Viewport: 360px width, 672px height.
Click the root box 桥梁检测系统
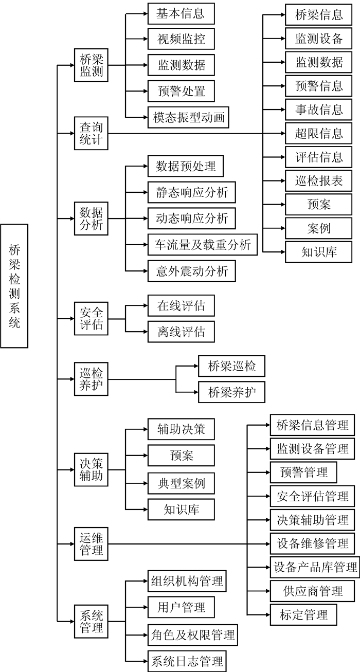pyautogui.click(x=14, y=285)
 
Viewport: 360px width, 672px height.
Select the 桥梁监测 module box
pyautogui.click(x=92, y=65)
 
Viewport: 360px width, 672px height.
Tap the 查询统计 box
pyautogui.click(x=92, y=134)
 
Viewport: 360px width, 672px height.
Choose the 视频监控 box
pyautogui.click(x=181, y=39)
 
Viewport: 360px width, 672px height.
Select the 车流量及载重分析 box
pyautogui.click(x=203, y=244)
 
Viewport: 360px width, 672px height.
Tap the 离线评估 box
pyautogui.click(x=181, y=332)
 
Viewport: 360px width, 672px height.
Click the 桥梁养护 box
pyautogui.click(x=232, y=392)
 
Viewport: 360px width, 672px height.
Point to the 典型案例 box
pyautogui.click(x=181, y=483)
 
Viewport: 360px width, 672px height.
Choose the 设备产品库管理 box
pyautogui.click(x=315, y=567)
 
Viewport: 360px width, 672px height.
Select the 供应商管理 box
pyautogui.click(x=313, y=590)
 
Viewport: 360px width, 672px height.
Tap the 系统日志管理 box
pyautogui.click(x=186, y=660)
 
